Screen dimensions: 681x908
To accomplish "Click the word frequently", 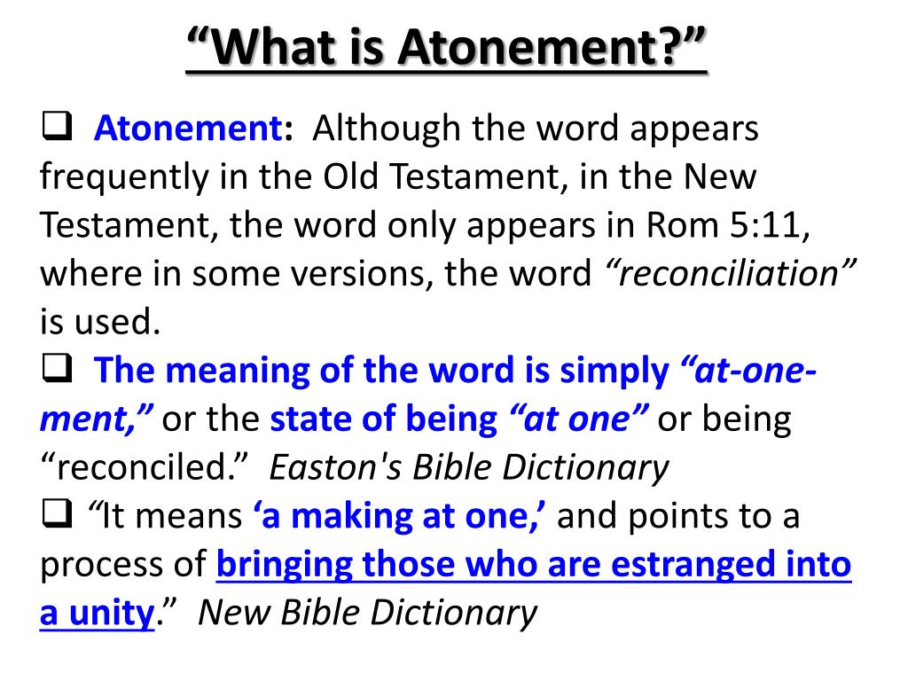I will [120, 177].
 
